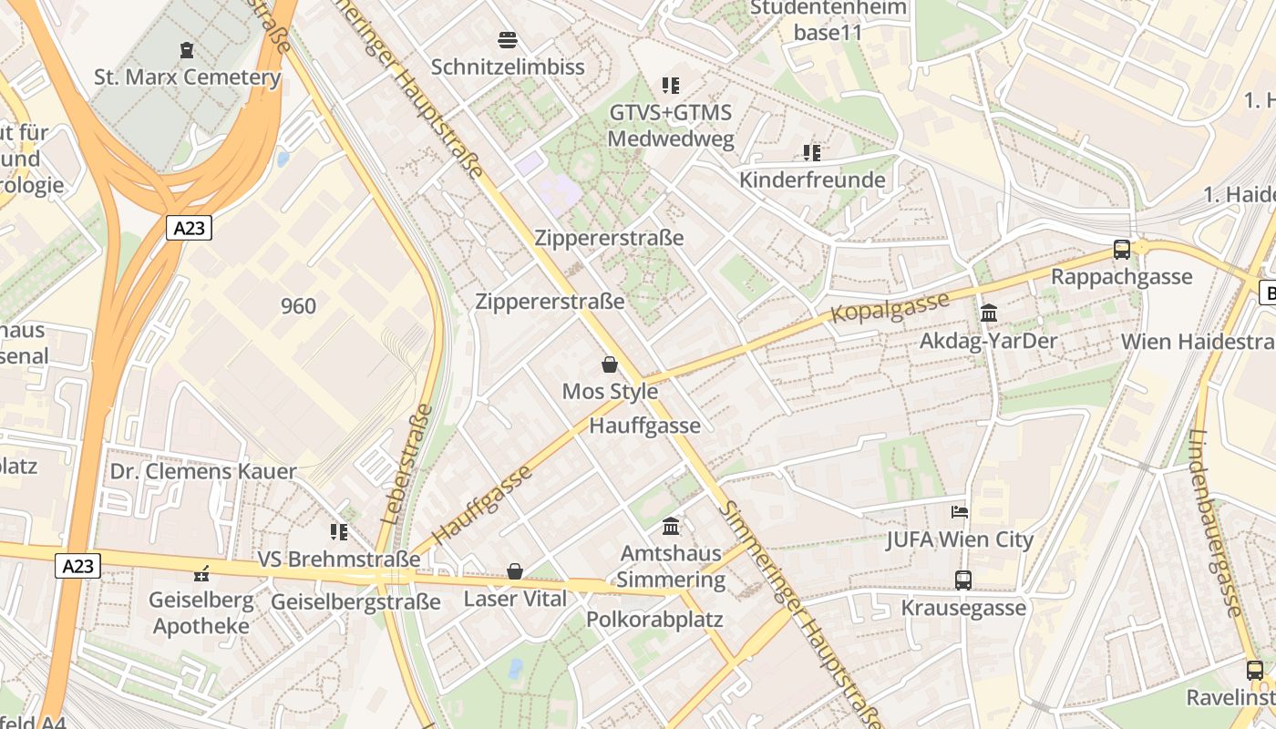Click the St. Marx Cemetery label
click(x=187, y=77)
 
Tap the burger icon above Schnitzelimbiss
click(x=508, y=40)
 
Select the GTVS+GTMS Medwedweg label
click(x=671, y=126)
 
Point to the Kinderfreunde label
click(x=812, y=180)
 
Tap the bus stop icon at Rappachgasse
click(x=1122, y=249)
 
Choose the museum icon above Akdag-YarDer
click(x=989, y=313)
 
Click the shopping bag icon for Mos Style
click(x=610, y=364)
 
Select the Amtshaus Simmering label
click(x=671, y=567)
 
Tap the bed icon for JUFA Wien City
click(x=960, y=512)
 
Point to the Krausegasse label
click(x=963, y=608)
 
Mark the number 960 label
click(x=298, y=306)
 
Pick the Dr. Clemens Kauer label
click(x=203, y=471)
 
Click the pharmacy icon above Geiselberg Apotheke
click(x=202, y=574)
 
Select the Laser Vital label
click(x=515, y=599)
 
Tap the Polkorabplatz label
click(x=654, y=620)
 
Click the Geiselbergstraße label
click(x=356, y=602)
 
